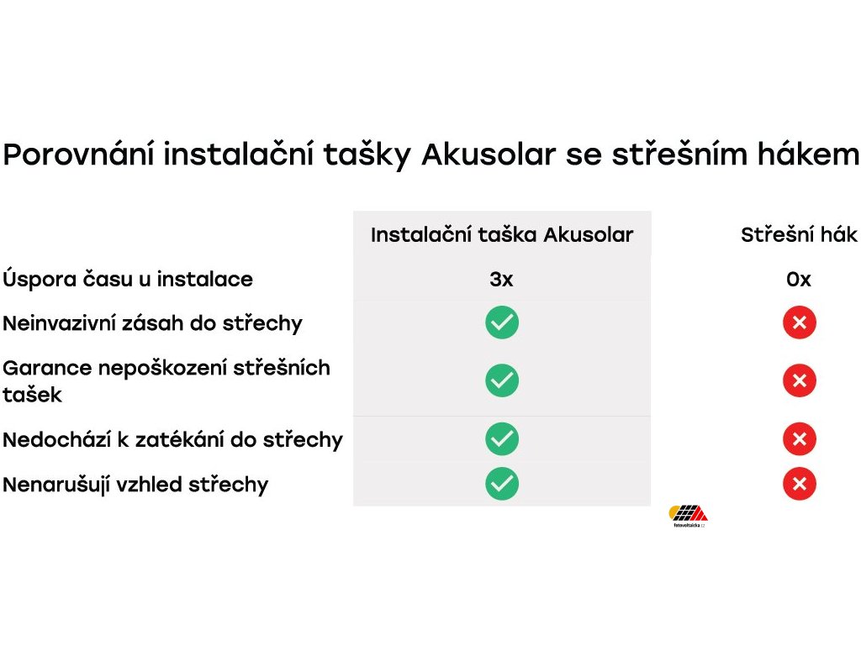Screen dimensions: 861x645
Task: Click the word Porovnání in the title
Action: [x=78, y=155]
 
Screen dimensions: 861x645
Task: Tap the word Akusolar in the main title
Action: [x=489, y=155]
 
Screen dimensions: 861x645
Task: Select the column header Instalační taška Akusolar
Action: [x=502, y=235]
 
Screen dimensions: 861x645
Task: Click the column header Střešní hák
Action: [x=799, y=235]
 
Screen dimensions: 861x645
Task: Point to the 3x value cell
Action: [x=501, y=279]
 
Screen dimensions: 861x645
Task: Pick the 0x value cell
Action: [x=799, y=279]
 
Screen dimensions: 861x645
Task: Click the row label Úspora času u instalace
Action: [x=128, y=279]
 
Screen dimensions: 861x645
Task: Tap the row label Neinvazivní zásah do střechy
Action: [x=153, y=323]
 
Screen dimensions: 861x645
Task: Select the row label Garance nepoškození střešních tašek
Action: [x=166, y=380]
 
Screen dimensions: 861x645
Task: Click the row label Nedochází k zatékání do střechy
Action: [x=173, y=439]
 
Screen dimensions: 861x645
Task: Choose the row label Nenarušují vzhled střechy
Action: [x=135, y=485]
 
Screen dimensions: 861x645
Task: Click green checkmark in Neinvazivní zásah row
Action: [x=502, y=322]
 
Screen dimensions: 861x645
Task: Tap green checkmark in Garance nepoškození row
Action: [x=502, y=380]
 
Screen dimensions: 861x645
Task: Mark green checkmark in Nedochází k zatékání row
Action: [x=502, y=438]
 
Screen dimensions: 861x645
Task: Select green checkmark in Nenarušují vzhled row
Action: [x=502, y=484]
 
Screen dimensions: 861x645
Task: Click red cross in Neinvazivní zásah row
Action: [x=800, y=322]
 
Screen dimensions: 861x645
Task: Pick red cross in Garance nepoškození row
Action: [x=800, y=380]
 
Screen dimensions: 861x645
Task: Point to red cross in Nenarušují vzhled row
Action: [x=800, y=484]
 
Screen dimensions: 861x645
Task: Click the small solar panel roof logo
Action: [x=688, y=516]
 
